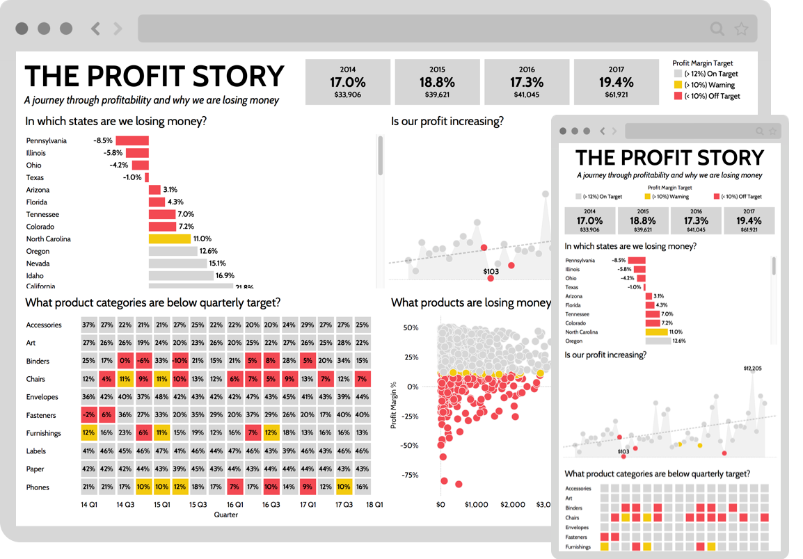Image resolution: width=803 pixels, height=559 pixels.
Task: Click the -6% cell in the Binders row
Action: [143, 361]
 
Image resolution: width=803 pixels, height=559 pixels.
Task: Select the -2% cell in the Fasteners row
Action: [88, 415]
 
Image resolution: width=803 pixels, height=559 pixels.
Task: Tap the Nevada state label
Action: [38, 264]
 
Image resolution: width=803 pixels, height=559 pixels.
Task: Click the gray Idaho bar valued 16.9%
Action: [180, 276]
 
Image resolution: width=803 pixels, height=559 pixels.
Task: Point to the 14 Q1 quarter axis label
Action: [88, 505]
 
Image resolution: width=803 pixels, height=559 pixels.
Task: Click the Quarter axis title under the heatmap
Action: [225, 515]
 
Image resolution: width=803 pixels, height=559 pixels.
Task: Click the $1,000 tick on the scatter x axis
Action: [477, 505]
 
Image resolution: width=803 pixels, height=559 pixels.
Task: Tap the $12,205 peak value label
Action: [752, 368]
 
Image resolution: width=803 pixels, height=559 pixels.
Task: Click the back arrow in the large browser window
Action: [96, 29]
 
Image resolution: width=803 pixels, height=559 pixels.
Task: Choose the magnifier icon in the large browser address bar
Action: [716, 29]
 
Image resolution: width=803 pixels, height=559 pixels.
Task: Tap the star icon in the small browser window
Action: [772, 131]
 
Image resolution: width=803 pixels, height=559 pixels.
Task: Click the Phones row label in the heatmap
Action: [38, 487]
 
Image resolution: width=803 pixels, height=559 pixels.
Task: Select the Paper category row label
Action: [35, 469]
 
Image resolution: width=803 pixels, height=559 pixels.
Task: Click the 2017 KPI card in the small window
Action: [749, 220]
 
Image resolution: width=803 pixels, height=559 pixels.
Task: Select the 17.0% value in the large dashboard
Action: [347, 82]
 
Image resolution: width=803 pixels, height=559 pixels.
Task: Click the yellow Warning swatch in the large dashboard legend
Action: [678, 85]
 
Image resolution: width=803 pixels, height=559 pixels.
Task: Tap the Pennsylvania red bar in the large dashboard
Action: [132, 140]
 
